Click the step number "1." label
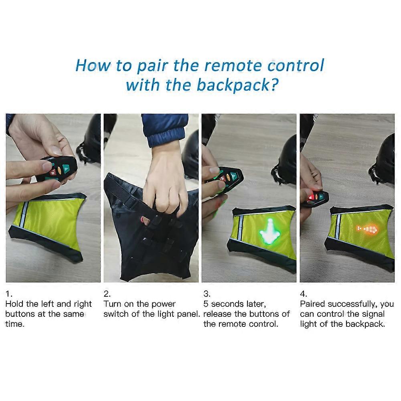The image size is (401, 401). coord(8,294)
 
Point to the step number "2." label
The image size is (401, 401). coord(107,294)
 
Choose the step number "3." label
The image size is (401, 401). coord(207,294)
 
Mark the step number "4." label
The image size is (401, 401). coord(304,294)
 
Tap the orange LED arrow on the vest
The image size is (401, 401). coord(366,230)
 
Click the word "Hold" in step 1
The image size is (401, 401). coord(16,304)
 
